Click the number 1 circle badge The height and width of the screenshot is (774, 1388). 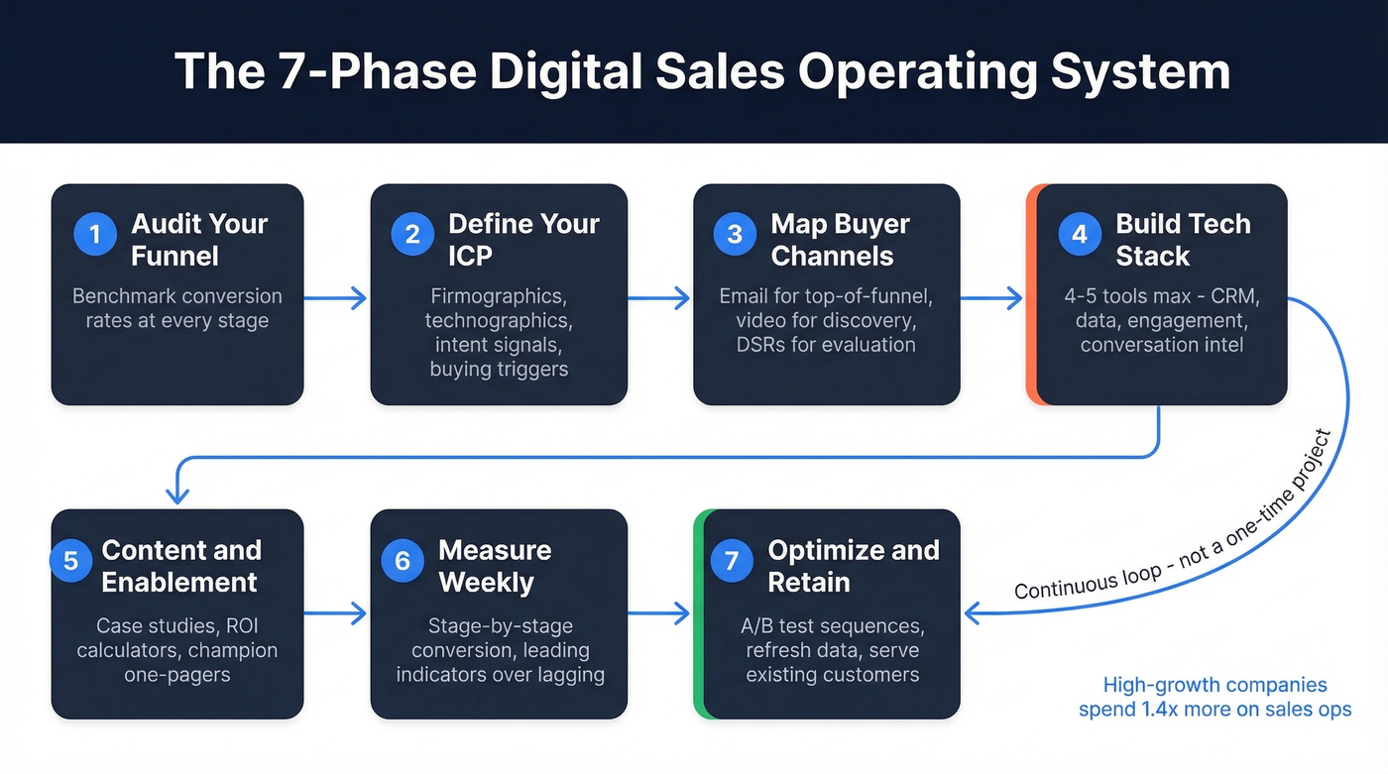pyautogui.click(x=95, y=235)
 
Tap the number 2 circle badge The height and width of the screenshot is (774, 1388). pyautogui.click(x=412, y=235)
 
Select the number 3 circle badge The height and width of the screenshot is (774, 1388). pyautogui.click(x=735, y=235)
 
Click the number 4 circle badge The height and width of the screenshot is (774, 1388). pyautogui.click(x=1080, y=235)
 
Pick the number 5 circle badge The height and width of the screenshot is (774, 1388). pyautogui.click(x=71, y=560)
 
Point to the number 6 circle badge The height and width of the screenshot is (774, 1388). pyautogui.click(x=403, y=560)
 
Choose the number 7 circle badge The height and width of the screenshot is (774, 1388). pyautogui.click(x=732, y=560)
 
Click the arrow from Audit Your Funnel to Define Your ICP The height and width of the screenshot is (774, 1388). pyautogui.click(x=336, y=296)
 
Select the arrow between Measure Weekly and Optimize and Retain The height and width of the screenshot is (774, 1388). pyautogui.click(x=658, y=613)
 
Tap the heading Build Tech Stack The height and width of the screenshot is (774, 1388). pyautogui.click(x=1183, y=240)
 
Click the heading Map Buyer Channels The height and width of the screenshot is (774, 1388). pyautogui.click(x=840, y=240)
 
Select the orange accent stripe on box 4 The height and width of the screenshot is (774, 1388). pyautogui.click(x=1031, y=294)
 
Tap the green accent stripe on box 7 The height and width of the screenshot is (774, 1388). pyautogui.click(x=698, y=613)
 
